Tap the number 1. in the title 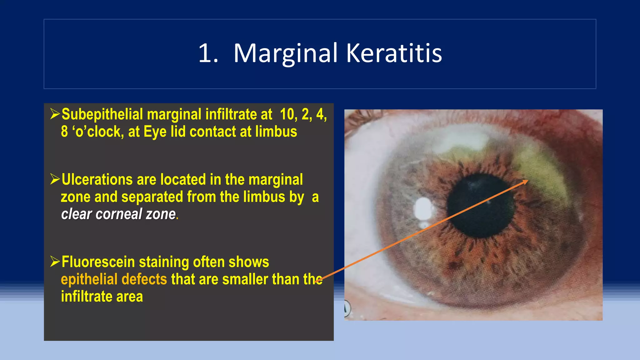pos(208,53)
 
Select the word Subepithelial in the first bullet pos(102,114)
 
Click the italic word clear pos(76,214)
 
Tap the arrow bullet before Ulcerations pos(55,179)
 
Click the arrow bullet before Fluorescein pos(55,261)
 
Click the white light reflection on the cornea pos(423,209)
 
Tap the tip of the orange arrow pos(527,181)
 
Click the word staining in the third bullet pos(163,262)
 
